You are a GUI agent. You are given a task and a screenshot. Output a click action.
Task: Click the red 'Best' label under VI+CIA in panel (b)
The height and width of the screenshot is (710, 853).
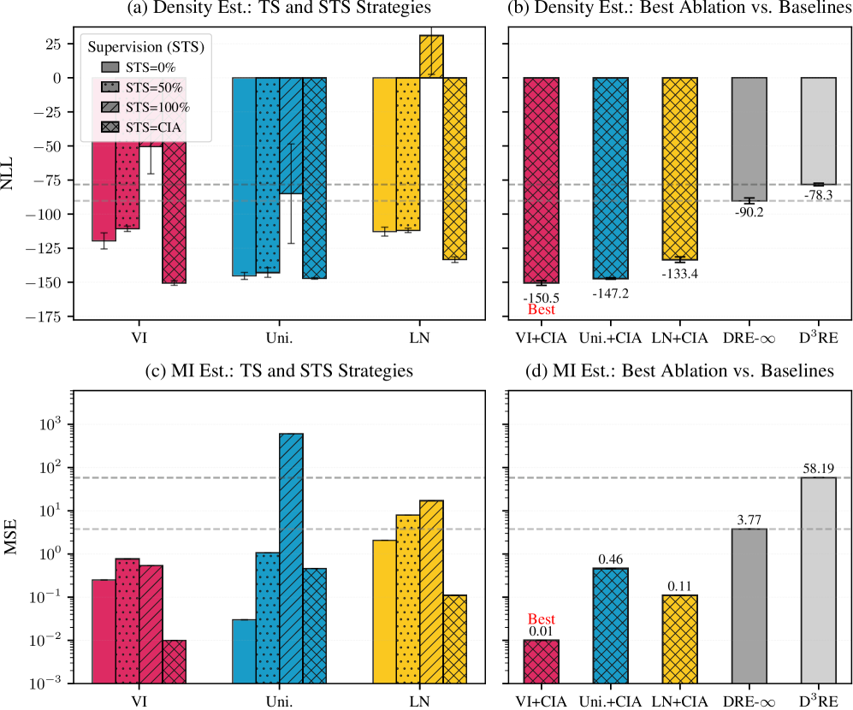pyautogui.click(x=541, y=310)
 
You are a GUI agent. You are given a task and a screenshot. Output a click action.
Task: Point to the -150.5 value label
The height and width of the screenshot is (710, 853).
pyautogui.click(x=541, y=296)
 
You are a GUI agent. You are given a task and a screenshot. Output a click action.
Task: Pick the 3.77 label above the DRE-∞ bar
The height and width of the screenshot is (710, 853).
pyautogui.click(x=749, y=518)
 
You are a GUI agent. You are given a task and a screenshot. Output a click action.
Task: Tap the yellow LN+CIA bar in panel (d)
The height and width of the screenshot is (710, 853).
pyautogui.click(x=679, y=638)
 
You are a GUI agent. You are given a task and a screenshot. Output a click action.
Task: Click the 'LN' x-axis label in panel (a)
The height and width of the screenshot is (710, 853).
pyautogui.click(x=419, y=338)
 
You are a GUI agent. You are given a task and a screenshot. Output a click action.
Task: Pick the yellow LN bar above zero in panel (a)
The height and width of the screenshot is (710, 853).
pyautogui.click(x=431, y=56)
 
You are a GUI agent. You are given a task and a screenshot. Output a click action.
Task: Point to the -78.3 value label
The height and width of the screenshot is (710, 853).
pyautogui.click(x=818, y=196)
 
